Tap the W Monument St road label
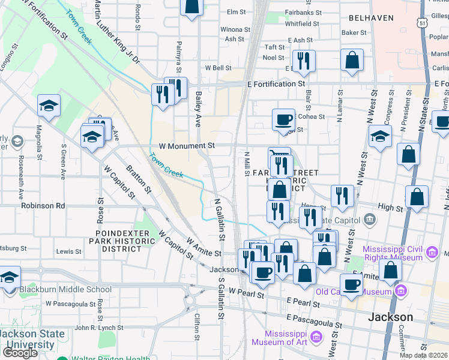[187, 146]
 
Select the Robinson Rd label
[42, 205]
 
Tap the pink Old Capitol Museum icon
[401, 292]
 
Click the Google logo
[20, 353]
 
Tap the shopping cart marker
[279, 157]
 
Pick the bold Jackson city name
[390, 317]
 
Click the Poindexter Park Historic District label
[121, 240]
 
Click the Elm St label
[236, 12]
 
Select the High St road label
[390, 208]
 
